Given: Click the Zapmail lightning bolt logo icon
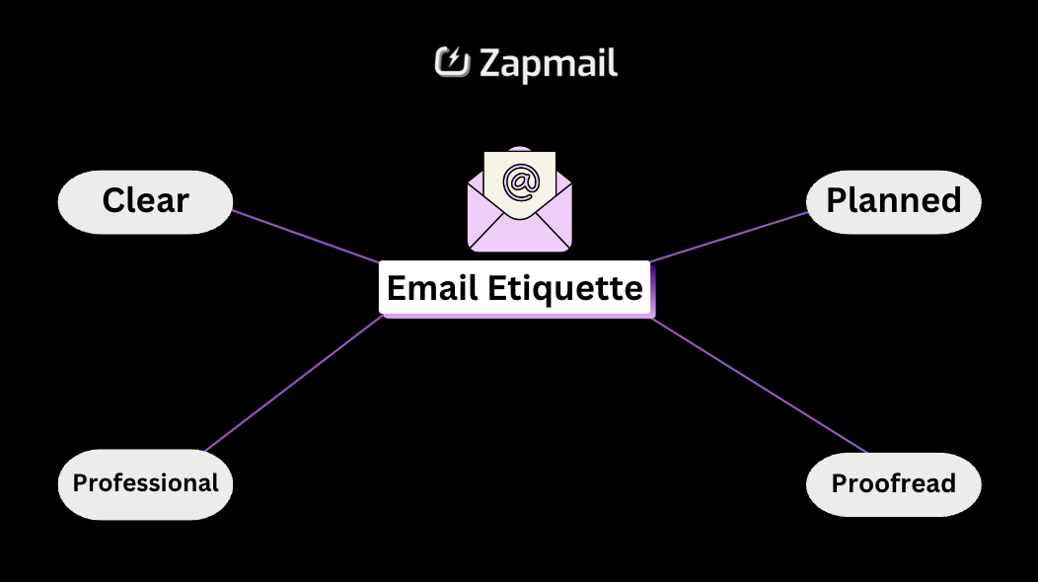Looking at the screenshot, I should [452, 62].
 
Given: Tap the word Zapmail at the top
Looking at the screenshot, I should [549, 63].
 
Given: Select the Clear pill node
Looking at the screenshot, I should [145, 201].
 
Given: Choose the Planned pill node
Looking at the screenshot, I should [893, 201].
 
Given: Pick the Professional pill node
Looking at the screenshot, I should [145, 483].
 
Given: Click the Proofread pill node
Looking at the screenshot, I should [893, 483].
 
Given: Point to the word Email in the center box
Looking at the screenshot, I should [432, 289].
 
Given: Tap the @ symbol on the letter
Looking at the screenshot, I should [520, 181].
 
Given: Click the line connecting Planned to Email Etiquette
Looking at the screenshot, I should [730, 237].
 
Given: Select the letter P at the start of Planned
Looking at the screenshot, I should [838, 201].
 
